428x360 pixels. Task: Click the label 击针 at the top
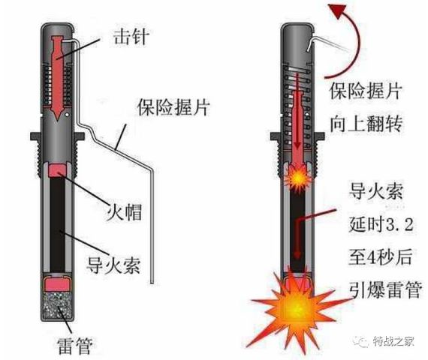(x=131, y=37)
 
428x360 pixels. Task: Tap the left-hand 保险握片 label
(x=174, y=107)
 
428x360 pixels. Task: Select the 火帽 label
(x=124, y=211)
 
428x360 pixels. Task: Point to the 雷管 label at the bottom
(x=75, y=346)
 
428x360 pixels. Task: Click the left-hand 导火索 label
(x=113, y=265)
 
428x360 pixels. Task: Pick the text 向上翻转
(x=366, y=124)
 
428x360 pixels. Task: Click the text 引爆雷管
(x=386, y=289)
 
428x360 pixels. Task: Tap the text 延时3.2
(x=381, y=224)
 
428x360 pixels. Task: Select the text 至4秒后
(x=380, y=257)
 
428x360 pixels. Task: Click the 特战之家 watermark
(x=393, y=341)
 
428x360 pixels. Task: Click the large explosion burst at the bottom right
(x=296, y=308)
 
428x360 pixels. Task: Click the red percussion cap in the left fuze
(x=57, y=170)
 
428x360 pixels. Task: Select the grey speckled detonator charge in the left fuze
(x=57, y=304)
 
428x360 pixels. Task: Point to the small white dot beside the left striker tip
(x=67, y=115)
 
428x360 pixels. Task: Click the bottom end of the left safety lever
(x=152, y=283)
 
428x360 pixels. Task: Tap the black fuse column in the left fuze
(x=57, y=224)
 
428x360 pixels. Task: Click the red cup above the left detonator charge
(x=57, y=283)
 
